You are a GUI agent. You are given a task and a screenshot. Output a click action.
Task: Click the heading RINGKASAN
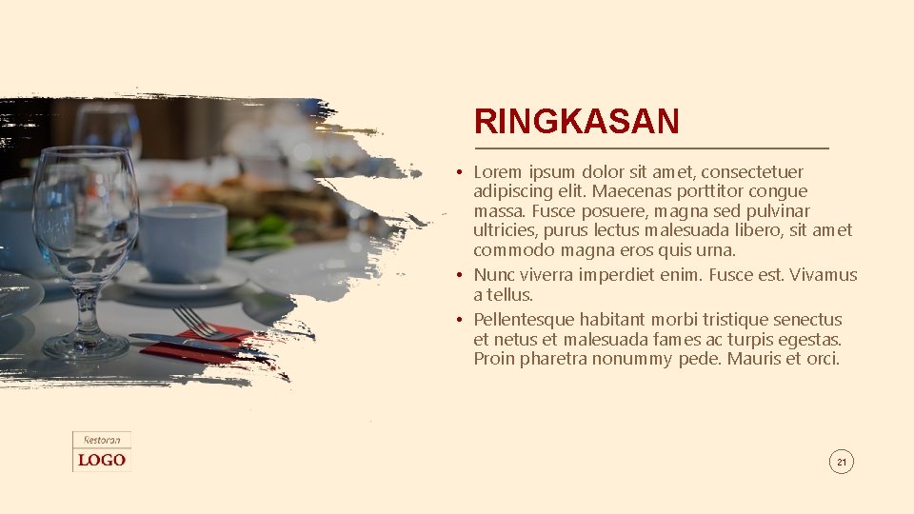tap(576, 122)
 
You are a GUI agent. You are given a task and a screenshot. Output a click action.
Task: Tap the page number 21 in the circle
tap(841, 463)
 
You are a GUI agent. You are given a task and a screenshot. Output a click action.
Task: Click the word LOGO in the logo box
tap(102, 461)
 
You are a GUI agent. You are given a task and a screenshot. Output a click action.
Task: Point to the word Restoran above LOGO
tap(102, 440)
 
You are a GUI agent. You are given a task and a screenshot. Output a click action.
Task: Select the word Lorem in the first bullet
tap(497, 172)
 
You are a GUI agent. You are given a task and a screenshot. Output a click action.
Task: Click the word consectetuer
tap(752, 172)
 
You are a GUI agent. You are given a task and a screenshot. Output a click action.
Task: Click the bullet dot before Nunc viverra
tap(458, 275)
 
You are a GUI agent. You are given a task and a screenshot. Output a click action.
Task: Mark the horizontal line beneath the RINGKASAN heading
tap(651, 148)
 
